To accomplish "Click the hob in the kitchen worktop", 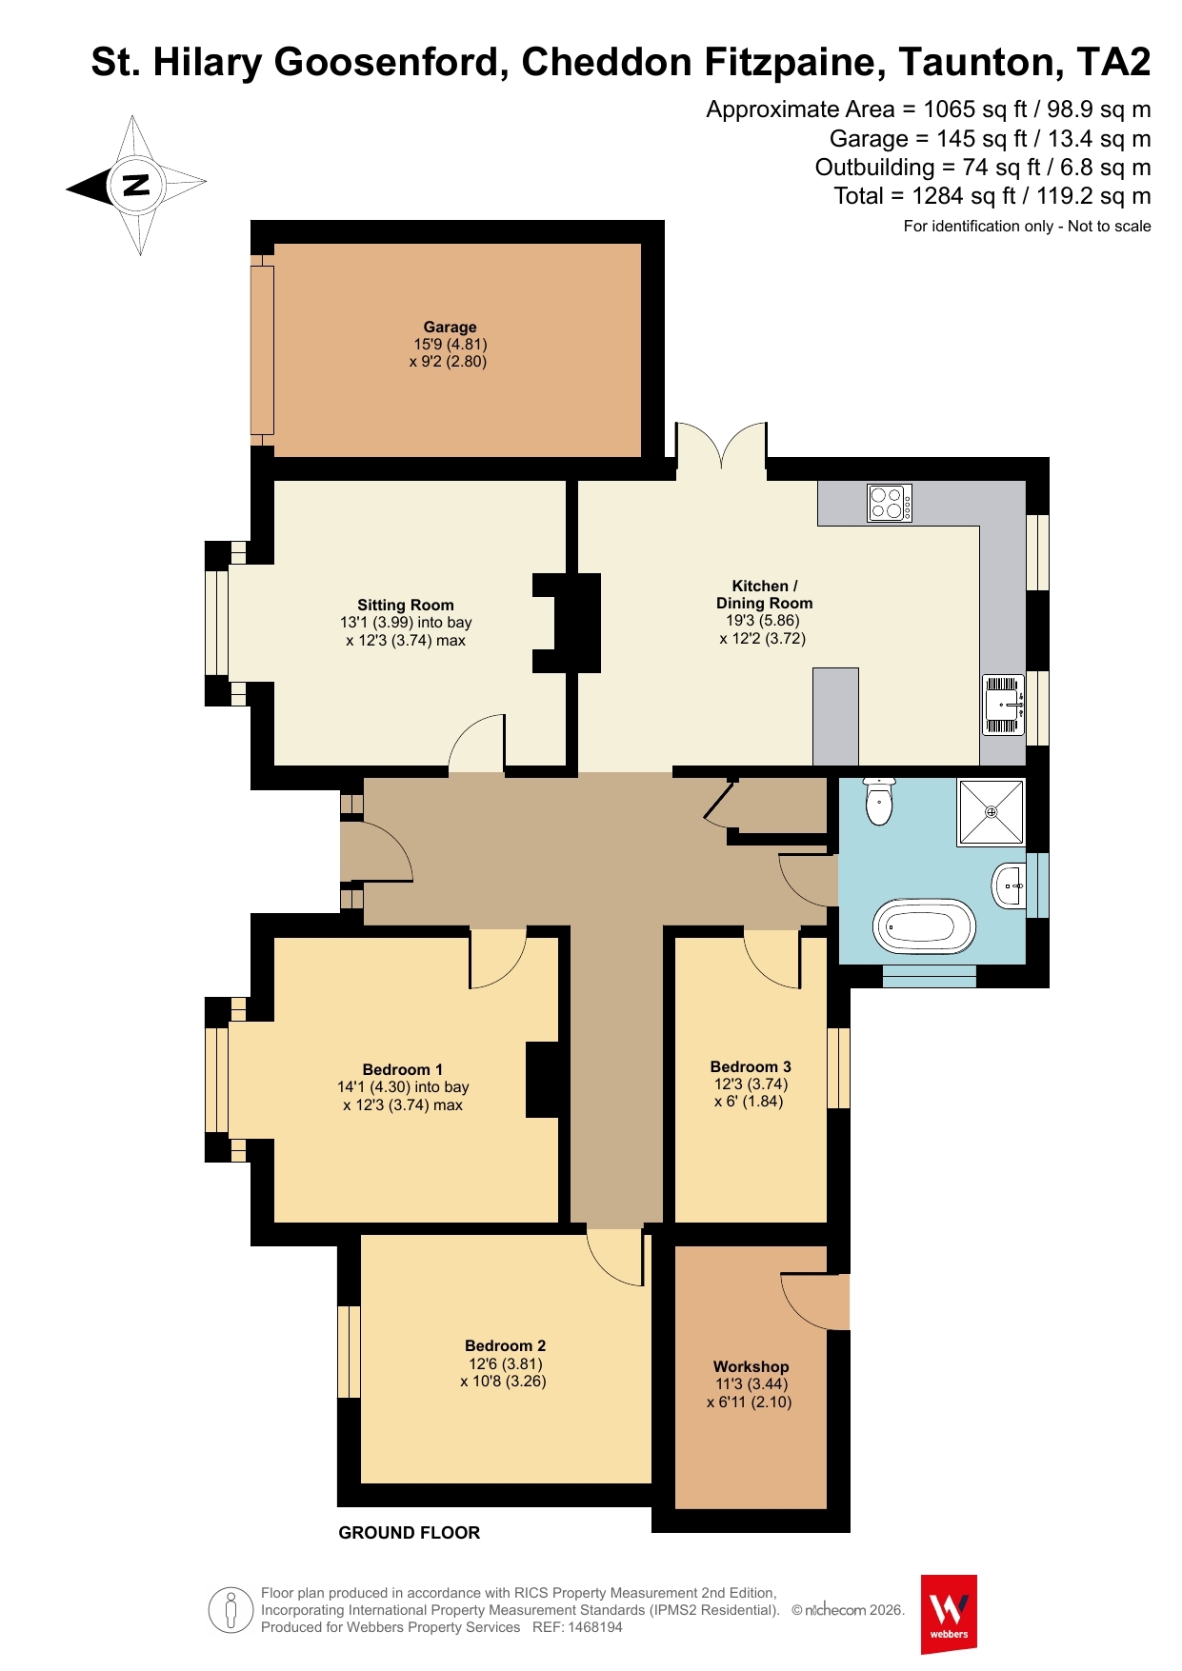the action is (x=890, y=503).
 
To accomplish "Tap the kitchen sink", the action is (x=1003, y=705).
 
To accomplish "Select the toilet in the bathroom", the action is (x=879, y=801).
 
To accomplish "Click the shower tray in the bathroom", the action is (x=992, y=812).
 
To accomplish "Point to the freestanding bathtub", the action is (x=925, y=925).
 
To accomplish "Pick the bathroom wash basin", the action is (x=1010, y=886).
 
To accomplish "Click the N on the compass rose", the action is (x=138, y=185).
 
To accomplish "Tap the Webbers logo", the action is (x=949, y=1614).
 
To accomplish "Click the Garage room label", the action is (x=450, y=327).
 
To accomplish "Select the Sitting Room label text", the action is (x=406, y=605).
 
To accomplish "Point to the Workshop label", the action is (x=751, y=1366).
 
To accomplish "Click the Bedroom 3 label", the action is (x=751, y=1066).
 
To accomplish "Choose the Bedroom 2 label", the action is (x=505, y=1345).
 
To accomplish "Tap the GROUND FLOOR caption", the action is (x=410, y=1533).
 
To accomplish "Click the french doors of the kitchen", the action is (x=721, y=446).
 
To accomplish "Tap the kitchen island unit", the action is (x=835, y=716).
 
